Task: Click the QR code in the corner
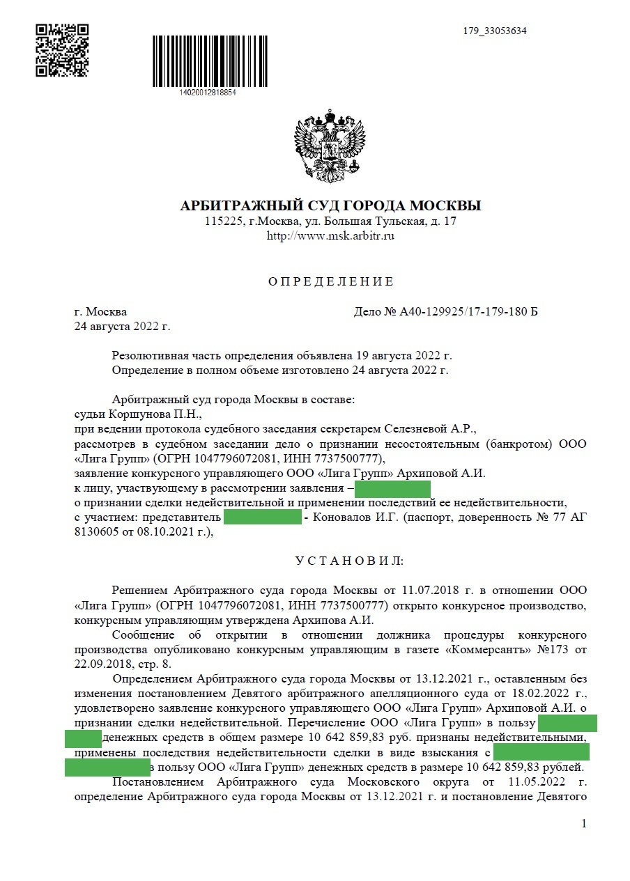(63, 49)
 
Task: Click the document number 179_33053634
(495, 31)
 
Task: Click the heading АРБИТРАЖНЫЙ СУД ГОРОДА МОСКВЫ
(330, 206)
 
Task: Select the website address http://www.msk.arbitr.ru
(330, 237)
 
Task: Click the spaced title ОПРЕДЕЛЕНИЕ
(331, 282)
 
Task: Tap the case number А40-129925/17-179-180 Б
(446, 311)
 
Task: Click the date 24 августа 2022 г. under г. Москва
(122, 326)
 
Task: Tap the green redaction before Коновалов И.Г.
(263, 517)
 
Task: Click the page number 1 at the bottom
(584, 824)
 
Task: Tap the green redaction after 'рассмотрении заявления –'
(392, 488)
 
